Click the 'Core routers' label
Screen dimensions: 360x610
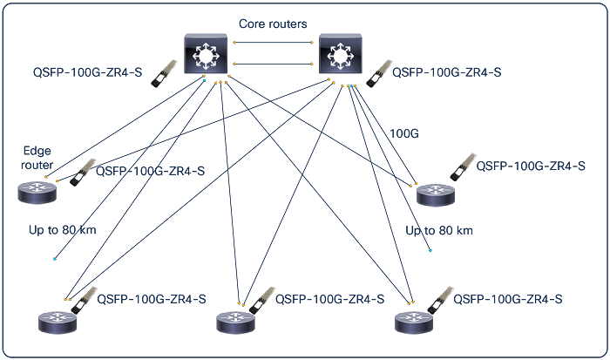[273, 24]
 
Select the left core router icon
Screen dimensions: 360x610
[205, 54]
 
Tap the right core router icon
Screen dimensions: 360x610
[340, 54]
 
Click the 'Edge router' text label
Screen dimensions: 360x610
[37, 158]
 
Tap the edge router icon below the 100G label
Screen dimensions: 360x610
[436, 195]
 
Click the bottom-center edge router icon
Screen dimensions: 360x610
[236, 323]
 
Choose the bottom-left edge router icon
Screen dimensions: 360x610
[58, 323]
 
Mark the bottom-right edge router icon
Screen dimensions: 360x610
[413, 323]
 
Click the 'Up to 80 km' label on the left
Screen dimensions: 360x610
[62, 230]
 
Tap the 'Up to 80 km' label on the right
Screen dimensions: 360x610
[439, 230]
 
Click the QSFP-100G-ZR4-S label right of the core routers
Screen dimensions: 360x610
[447, 73]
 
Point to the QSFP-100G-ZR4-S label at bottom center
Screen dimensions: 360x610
[329, 299]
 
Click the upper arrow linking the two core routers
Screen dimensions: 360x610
[273, 42]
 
